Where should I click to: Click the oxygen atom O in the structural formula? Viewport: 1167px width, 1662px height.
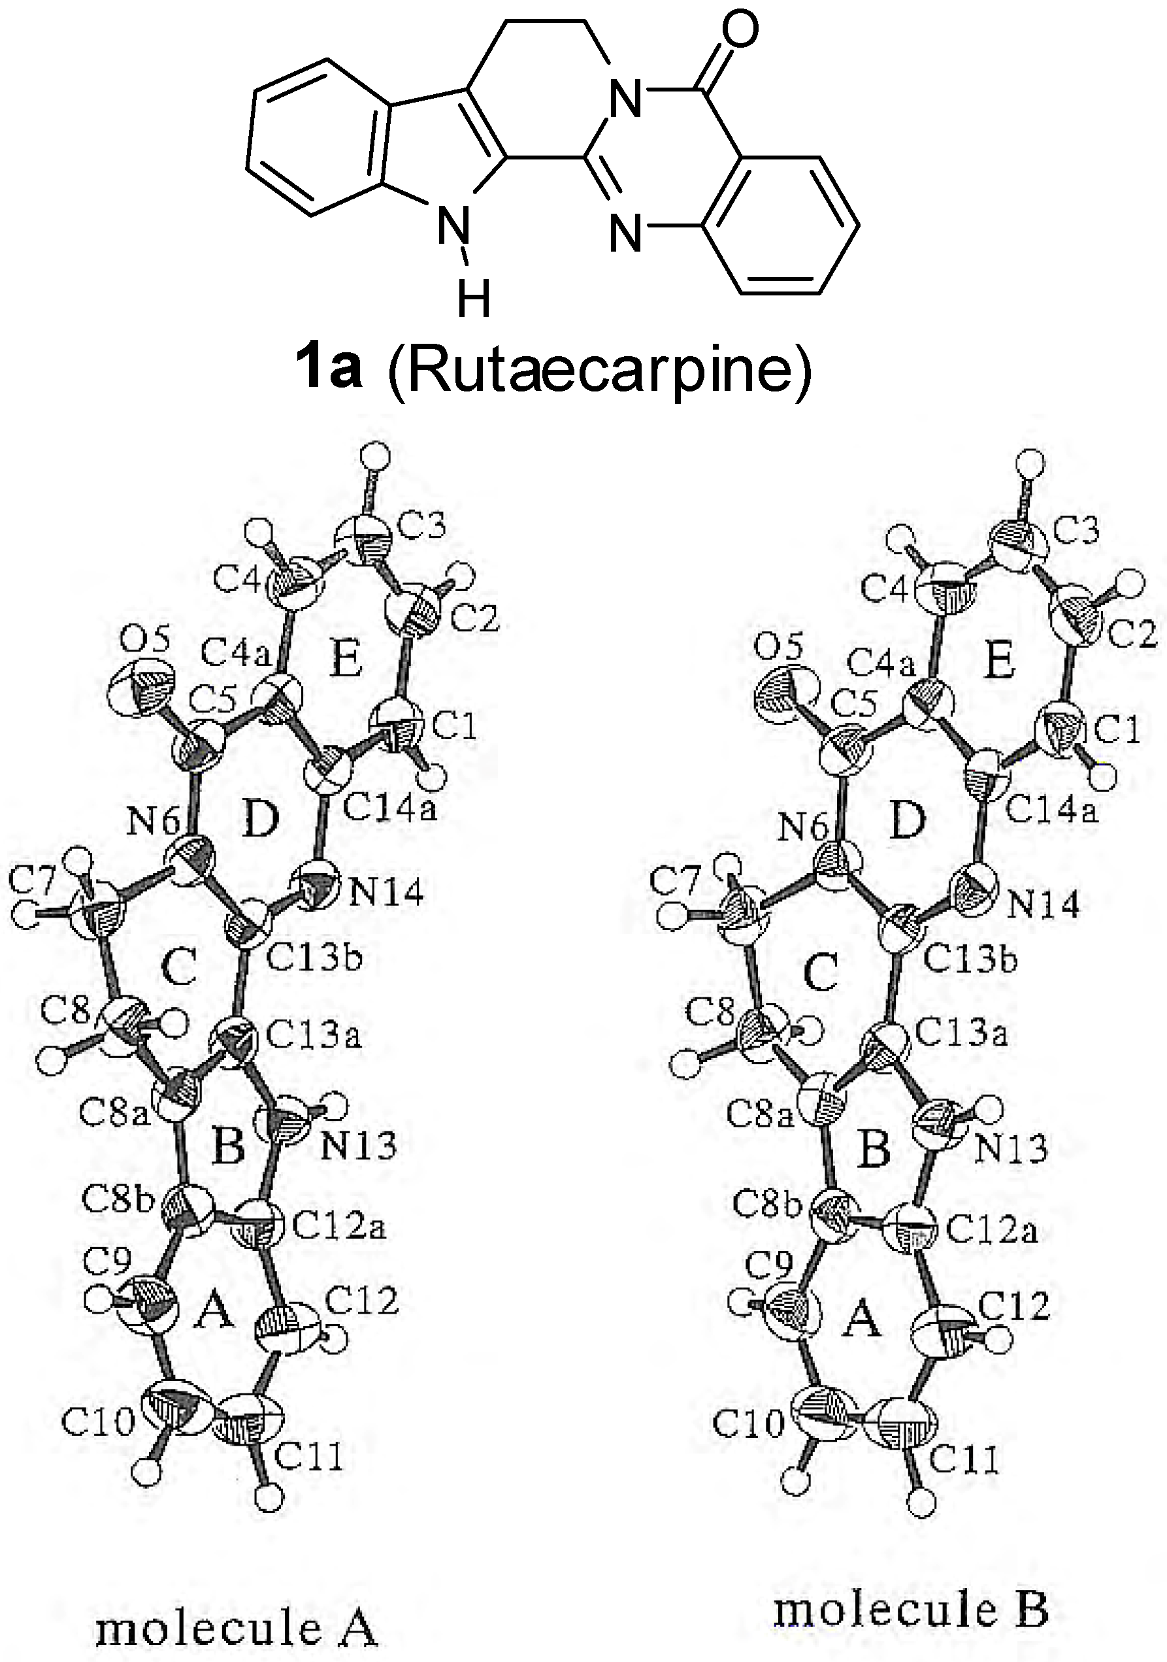[739, 31]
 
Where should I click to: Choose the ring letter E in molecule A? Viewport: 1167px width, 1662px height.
[345, 660]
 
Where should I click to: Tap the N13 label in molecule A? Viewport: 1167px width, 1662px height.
[358, 1146]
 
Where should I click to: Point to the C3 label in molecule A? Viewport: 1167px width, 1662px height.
[422, 526]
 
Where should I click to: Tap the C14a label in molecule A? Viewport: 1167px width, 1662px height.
[389, 809]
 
